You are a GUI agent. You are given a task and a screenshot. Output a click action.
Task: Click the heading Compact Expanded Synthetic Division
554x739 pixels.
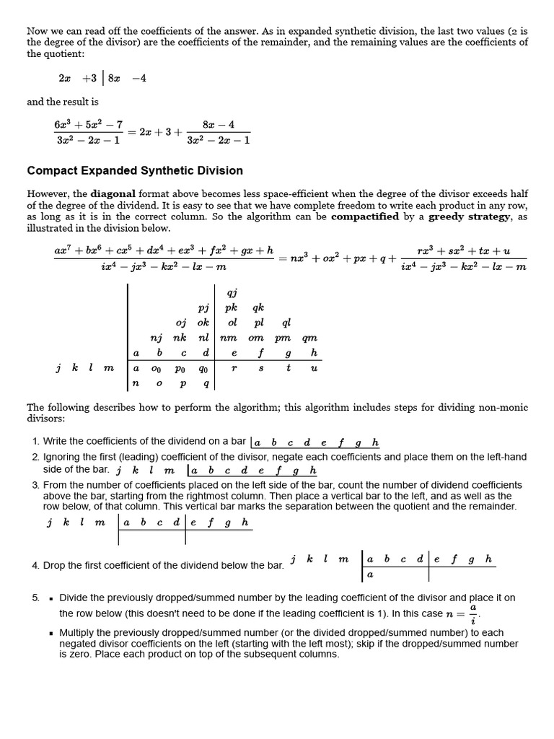click(x=135, y=171)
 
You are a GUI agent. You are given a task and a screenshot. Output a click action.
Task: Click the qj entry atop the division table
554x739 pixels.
click(x=232, y=292)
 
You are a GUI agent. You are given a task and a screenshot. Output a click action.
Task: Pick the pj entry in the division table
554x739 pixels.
click(x=203, y=307)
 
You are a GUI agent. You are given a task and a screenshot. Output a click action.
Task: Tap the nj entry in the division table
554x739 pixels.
click(x=156, y=338)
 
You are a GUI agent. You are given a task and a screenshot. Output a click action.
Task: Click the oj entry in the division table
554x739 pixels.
click(x=180, y=323)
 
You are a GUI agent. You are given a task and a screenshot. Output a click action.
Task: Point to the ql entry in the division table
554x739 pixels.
click(x=286, y=323)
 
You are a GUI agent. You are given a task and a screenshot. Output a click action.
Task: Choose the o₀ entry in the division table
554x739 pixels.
click(x=157, y=368)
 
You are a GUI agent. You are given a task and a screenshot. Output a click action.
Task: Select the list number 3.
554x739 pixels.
click(x=35, y=485)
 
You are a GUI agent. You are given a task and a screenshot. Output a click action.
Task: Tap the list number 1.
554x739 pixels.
click(x=35, y=441)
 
